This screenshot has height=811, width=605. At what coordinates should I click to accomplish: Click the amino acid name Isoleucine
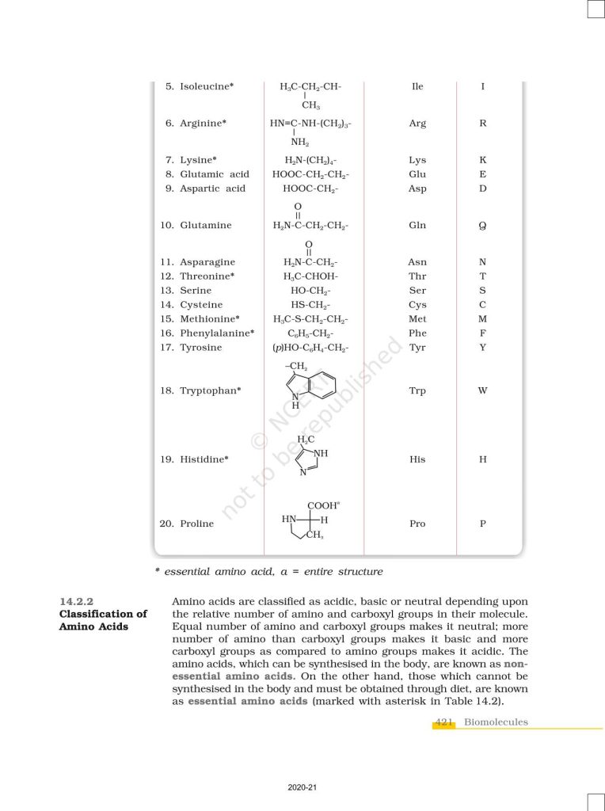[207, 86]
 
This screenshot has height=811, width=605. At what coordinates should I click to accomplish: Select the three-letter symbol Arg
[417, 124]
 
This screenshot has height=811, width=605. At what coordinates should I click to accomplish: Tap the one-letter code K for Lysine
[483, 160]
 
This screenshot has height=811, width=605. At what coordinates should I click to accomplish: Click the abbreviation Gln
[417, 225]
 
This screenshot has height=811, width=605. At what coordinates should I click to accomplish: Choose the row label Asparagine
[207, 262]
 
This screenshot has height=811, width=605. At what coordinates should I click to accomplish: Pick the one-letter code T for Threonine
[483, 276]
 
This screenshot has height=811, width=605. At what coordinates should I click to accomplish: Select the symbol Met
[417, 319]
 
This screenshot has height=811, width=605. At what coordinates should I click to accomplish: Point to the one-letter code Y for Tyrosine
[483, 348]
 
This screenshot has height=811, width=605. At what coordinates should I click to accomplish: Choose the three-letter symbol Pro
[417, 524]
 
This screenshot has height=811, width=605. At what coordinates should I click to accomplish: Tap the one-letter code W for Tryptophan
[483, 390]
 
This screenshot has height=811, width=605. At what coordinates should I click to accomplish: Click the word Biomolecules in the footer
[496, 722]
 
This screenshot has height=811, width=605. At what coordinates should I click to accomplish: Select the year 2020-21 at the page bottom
[302, 789]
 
